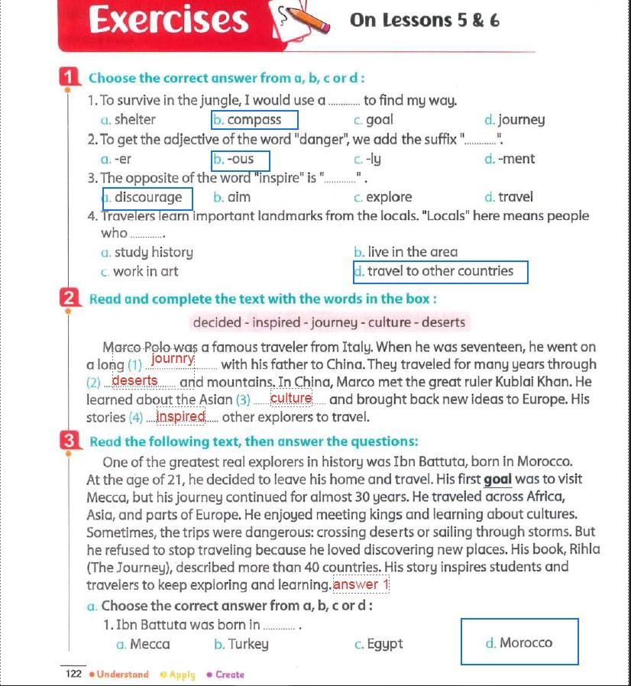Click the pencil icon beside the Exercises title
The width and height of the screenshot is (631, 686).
[x=306, y=20]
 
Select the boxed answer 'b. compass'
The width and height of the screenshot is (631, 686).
[x=254, y=120]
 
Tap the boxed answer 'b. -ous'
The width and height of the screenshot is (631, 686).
[x=241, y=160]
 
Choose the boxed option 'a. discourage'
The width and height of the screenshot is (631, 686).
[x=147, y=198]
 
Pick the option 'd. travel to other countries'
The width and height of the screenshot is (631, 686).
[x=440, y=271]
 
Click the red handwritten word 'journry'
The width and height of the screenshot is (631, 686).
[x=173, y=358]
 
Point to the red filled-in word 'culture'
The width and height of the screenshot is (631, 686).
[x=291, y=398]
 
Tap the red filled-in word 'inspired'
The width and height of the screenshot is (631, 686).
[x=181, y=416]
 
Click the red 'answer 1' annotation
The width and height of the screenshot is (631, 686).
[x=361, y=585]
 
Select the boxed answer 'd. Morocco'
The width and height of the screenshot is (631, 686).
[x=519, y=642]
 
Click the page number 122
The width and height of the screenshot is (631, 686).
[x=73, y=674]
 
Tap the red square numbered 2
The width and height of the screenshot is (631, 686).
[x=69, y=298]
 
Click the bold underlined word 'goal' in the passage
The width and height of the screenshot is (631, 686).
[x=498, y=480]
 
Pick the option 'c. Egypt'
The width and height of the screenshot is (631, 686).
[x=378, y=644]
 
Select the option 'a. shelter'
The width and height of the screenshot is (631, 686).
[x=128, y=120]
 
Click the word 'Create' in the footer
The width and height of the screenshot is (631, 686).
[x=229, y=675]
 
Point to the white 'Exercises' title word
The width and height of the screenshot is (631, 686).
[x=169, y=20]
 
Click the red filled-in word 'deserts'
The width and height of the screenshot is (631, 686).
[x=135, y=380]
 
